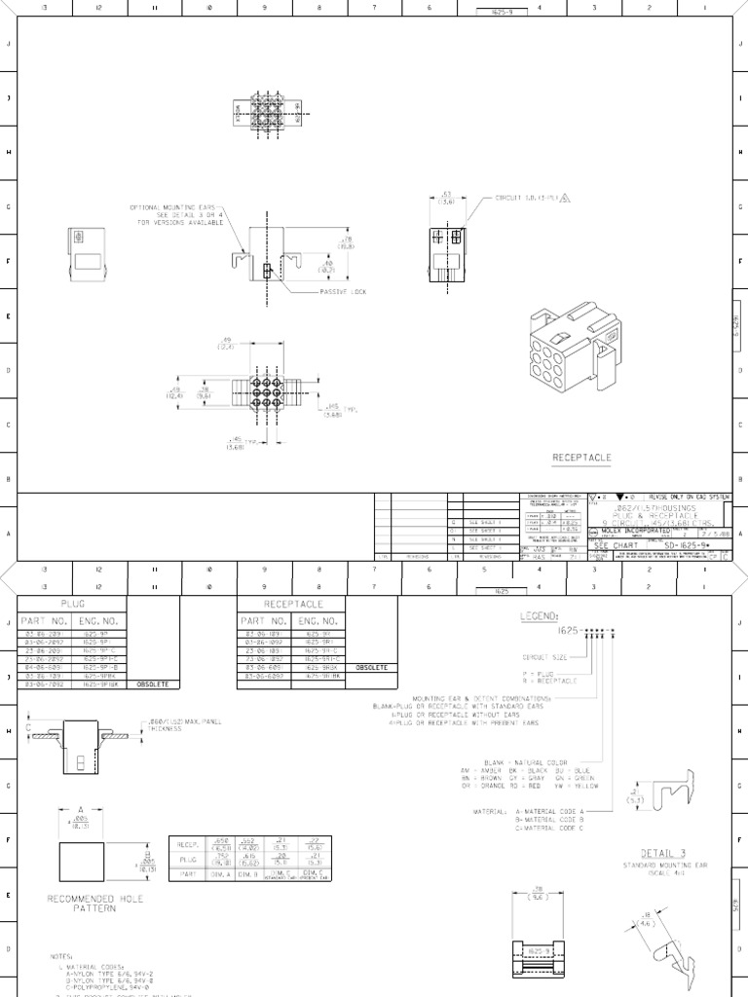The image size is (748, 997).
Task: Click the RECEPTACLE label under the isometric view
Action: pyautogui.click(x=582, y=456)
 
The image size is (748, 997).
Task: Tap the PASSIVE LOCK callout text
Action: pyautogui.click(x=343, y=292)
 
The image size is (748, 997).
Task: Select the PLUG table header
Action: pyautogui.click(x=73, y=604)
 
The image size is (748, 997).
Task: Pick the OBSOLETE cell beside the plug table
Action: pyautogui.click(x=153, y=683)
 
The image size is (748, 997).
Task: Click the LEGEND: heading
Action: pyautogui.click(x=541, y=615)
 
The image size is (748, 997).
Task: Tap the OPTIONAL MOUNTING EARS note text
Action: pyautogui.click(x=176, y=214)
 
